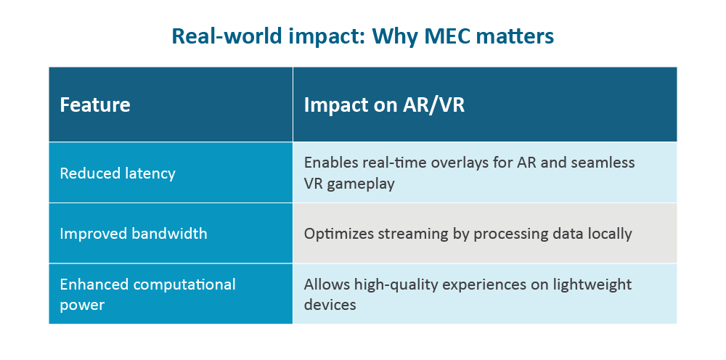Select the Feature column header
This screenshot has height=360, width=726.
click(95, 105)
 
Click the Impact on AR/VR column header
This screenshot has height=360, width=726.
click(384, 105)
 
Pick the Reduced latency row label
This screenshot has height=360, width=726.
click(118, 173)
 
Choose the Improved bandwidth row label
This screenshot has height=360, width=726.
click(134, 233)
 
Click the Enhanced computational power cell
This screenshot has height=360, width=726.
click(147, 294)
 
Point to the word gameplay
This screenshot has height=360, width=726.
click(361, 184)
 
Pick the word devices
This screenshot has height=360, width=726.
click(330, 304)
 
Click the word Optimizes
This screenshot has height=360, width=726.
click(339, 234)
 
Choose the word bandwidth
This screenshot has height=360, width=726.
click(169, 233)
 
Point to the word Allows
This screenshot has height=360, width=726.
click(327, 284)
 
